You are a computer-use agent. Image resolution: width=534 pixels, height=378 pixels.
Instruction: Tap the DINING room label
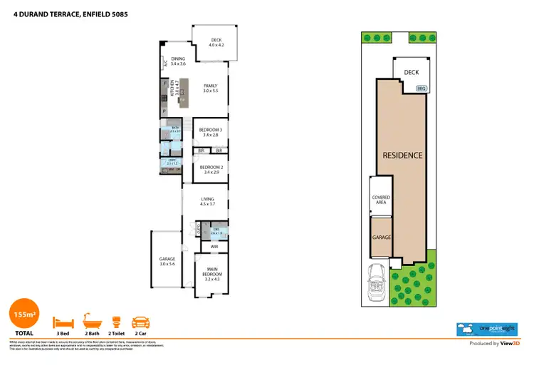coord(178,61)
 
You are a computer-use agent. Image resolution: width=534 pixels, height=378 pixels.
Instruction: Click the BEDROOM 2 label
coord(211,169)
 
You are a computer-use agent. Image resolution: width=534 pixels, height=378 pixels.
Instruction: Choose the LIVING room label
coord(208,202)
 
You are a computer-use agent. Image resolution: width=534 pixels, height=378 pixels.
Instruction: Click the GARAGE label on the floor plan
coord(167,261)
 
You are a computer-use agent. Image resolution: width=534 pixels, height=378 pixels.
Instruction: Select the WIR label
coord(214,246)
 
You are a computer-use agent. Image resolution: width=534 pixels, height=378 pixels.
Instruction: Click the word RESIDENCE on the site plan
coord(402,155)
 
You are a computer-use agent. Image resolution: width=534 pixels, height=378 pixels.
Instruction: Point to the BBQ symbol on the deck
coord(422,88)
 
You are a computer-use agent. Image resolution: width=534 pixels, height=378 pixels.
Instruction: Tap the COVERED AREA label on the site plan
coord(380,200)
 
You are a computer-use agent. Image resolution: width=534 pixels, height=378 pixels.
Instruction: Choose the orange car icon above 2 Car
coord(141,322)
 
